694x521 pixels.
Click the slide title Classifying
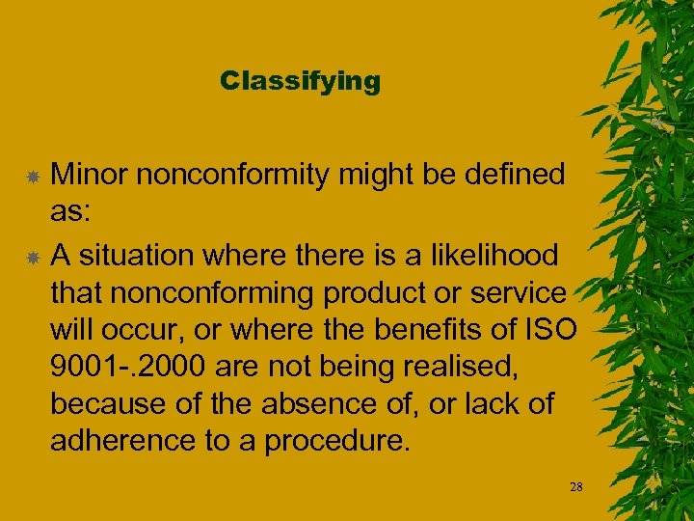[300, 81]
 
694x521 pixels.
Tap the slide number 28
[576, 487]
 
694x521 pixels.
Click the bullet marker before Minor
[32, 177]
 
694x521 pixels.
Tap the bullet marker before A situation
[32, 258]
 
